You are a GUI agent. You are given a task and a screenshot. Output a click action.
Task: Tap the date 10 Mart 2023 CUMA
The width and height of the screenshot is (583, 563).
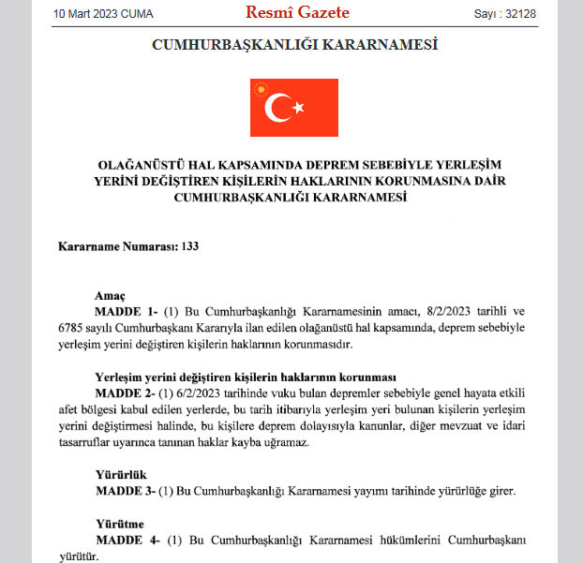click(x=103, y=14)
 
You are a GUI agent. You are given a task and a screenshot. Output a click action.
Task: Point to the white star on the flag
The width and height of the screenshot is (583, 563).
click(x=299, y=108)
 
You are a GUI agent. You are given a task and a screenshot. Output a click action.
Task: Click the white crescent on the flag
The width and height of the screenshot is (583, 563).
click(x=278, y=108)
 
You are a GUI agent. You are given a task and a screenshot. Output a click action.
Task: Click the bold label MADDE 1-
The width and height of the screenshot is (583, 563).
click(x=127, y=311)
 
